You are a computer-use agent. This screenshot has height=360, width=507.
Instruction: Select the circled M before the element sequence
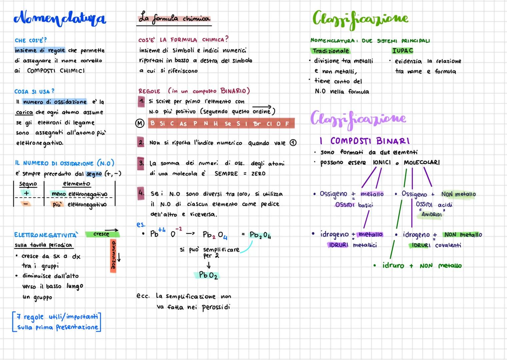click(x=140, y=123)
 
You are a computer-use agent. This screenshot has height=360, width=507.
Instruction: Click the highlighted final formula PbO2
click(x=207, y=275)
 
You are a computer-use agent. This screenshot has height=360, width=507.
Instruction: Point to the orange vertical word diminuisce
click(x=113, y=256)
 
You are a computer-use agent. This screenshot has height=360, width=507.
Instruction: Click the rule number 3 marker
click(x=141, y=163)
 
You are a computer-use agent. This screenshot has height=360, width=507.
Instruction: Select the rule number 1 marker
click(x=141, y=101)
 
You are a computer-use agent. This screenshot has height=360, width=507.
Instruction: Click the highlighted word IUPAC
click(x=403, y=51)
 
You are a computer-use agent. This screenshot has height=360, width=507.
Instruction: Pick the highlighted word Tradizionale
click(x=330, y=51)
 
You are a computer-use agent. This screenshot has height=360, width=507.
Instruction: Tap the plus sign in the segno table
click(x=26, y=193)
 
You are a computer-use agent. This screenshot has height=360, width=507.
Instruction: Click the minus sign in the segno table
click(x=26, y=204)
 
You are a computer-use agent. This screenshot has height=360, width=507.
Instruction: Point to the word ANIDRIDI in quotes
click(x=431, y=214)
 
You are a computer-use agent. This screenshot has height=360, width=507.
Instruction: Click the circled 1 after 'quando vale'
click(x=293, y=143)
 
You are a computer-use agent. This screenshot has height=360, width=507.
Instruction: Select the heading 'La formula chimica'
click(x=174, y=18)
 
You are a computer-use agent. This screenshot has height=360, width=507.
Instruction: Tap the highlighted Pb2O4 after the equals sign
click(x=260, y=235)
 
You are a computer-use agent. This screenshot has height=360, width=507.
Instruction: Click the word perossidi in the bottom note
click(x=216, y=307)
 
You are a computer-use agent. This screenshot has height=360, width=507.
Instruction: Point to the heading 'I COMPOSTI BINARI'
click(x=365, y=141)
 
